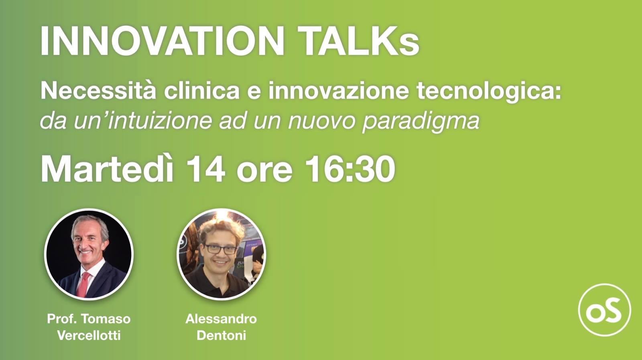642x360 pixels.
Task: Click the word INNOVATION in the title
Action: pos(162,41)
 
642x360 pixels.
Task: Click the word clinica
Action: pos(201,90)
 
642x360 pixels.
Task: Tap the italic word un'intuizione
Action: pos(142,120)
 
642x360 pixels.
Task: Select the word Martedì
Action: pos(107,169)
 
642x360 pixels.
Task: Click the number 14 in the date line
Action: pos(205,169)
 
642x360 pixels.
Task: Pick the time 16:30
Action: pos(350,169)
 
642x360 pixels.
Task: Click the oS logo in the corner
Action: pos(604,310)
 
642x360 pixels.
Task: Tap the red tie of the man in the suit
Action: pos(84,283)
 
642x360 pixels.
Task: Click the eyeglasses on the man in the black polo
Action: pos(221,249)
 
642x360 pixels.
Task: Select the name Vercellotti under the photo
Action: pos(89,335)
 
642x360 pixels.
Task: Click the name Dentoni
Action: pos(221,335)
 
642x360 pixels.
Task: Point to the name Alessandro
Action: pos(221,319)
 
